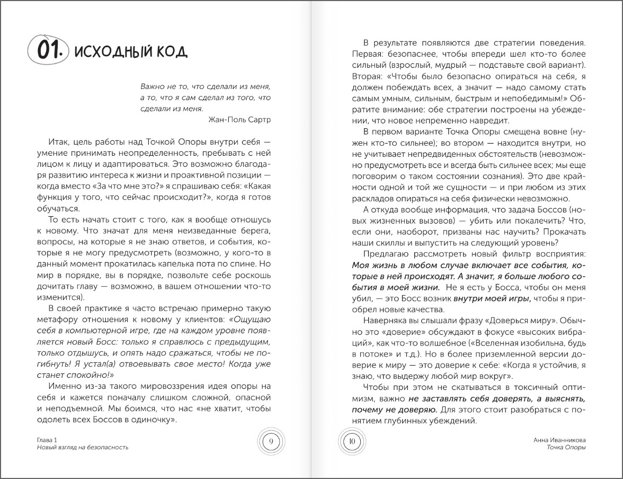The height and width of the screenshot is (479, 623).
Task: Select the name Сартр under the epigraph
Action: point(258,119)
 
